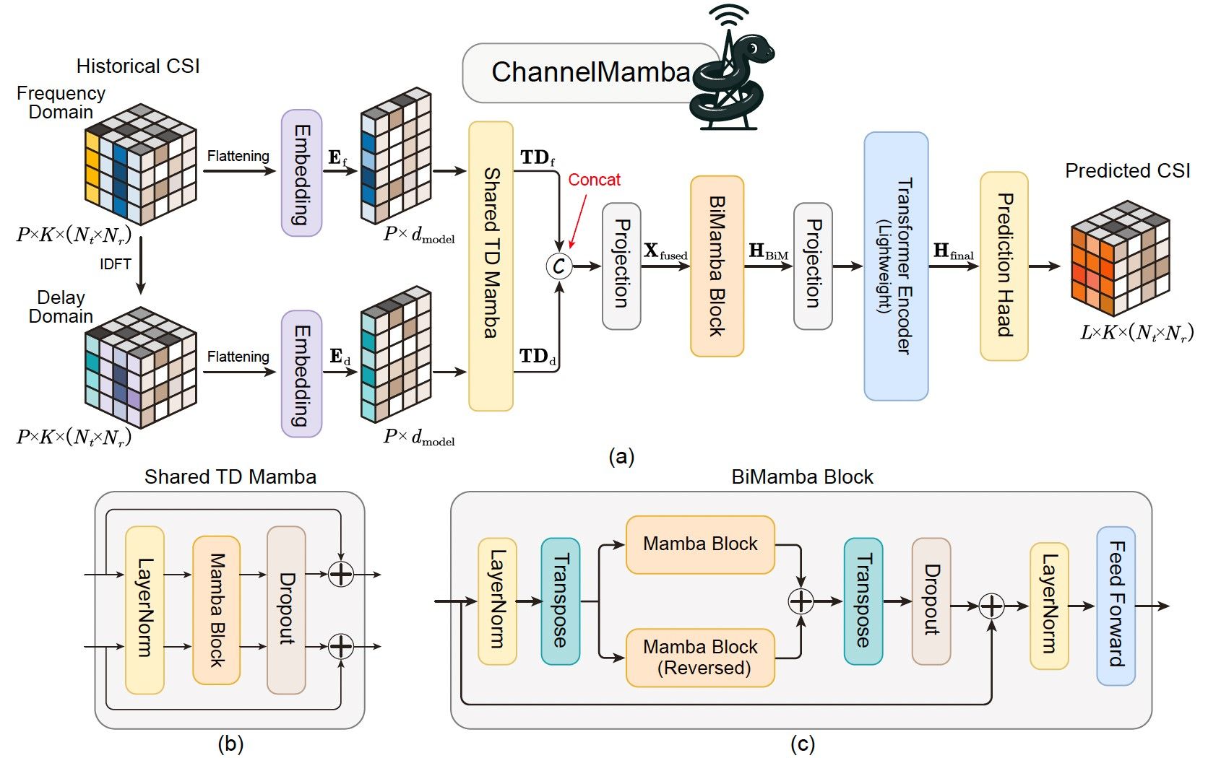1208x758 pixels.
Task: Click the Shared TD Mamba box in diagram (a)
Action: [x=491, y=266]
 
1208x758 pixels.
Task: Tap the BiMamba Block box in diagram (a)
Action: [x=717, y=266]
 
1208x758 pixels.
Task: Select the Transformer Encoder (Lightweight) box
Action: [x=896, y=266]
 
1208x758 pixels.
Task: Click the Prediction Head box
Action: [x=1004, y=266]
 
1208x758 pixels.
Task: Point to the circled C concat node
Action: [x=558, y=266]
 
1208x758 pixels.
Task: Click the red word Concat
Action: [x=594, y=180]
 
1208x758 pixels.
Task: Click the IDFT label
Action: [x=116, y=264]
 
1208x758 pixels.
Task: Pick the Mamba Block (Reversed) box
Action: [x=699, y=657]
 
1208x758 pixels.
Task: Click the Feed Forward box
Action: [x=1116, y=605]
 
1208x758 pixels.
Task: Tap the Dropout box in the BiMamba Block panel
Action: [x=931, y=601]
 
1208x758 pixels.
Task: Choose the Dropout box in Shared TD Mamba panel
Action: [x=286, y=609]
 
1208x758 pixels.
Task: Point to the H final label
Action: [x=953, y=251]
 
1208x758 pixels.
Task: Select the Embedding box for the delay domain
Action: [x=301, y=374]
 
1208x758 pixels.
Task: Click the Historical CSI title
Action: [x=138, y=66]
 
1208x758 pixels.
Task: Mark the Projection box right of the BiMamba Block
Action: [x=813, y=266]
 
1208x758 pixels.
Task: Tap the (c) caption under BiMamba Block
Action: [x=802, y=744]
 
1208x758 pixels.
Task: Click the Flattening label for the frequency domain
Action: [x=238, y=156]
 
